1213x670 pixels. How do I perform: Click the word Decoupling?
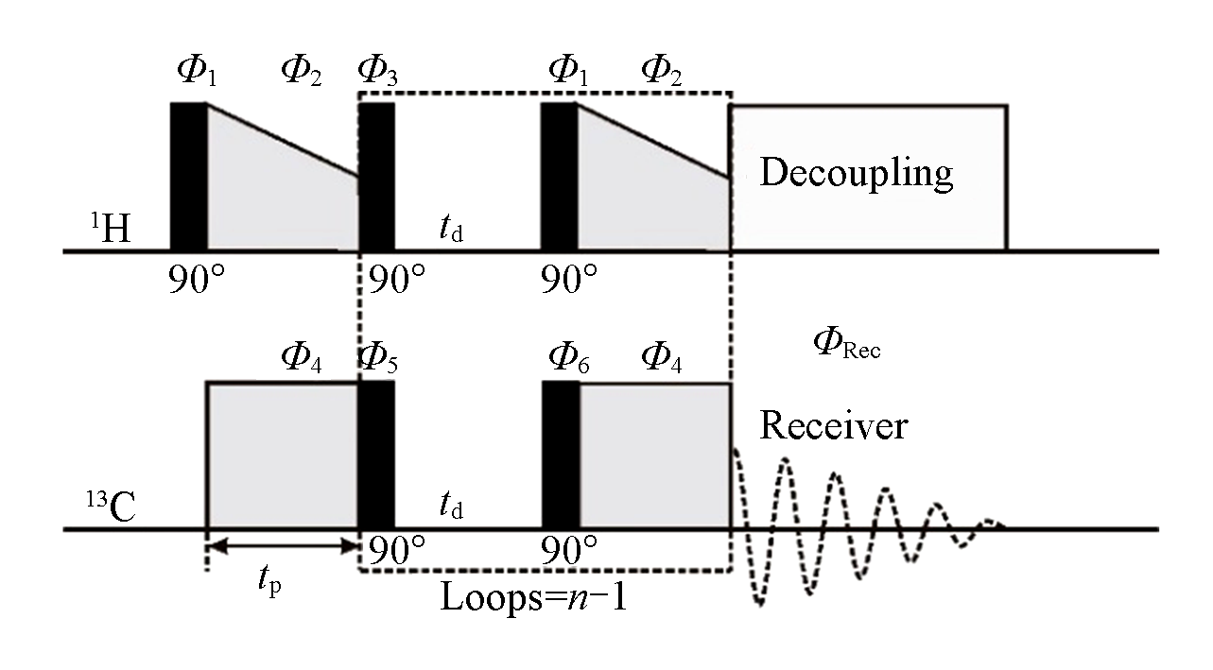pos(856,173)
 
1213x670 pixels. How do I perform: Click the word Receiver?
pos(833,425)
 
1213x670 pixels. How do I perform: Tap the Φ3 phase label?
pos(377,72)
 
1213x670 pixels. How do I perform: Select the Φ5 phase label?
pos(377,359)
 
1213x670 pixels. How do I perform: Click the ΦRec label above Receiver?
pos(846,347)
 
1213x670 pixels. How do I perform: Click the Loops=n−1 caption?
pos(533,597)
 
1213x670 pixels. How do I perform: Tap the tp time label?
pos(269,587)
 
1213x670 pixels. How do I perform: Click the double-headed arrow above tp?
pos(283,545)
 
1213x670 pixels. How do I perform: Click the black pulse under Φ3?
pos(377,177)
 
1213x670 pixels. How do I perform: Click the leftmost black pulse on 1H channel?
pos(188,177)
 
